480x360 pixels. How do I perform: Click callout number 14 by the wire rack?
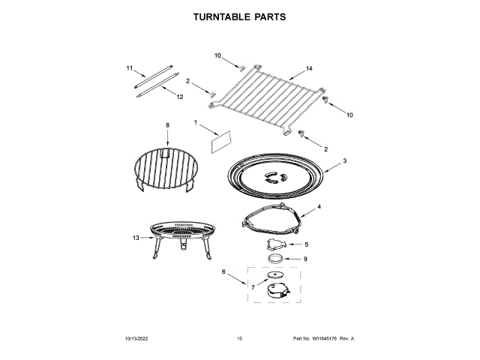point(309,69)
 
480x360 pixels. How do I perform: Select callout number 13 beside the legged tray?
point(136,238)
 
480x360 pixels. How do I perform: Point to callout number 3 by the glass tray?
point(344,160)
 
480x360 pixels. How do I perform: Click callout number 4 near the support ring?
point(319,206)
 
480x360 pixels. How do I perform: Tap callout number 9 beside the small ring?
point(306,259)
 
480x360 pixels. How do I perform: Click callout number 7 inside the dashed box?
point(253,286)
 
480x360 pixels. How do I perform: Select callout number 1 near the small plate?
point(196,122)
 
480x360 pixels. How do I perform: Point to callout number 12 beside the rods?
point(180,97)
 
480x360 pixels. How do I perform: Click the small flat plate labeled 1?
point(220,141)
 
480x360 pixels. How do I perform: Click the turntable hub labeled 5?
point(277,244)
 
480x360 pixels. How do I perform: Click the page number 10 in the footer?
point(239,339)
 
